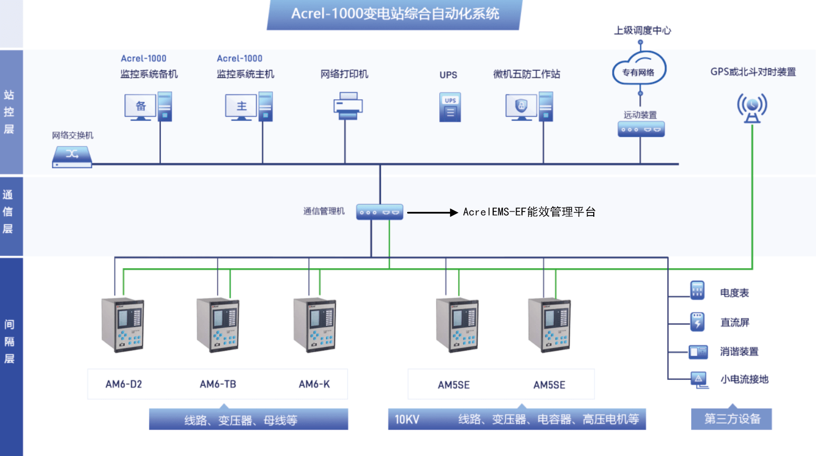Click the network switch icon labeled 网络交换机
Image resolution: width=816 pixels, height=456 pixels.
tap(72, 156)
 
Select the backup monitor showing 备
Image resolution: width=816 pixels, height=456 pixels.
tap(140, 107)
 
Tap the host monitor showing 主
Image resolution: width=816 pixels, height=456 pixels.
tap(241, 107)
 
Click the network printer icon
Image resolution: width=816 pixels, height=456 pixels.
tap(347, 106)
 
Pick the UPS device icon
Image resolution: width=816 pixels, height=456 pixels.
tap(450, 107)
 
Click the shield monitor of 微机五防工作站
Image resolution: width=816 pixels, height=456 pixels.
tap(521, 107)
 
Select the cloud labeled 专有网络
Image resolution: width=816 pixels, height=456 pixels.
tap(639, 70)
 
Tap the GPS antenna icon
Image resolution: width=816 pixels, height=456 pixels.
tap(752, 108)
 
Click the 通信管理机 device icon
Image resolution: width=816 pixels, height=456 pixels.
tap(379, 212)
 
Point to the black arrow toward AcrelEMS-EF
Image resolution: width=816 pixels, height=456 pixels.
tap(432, 213)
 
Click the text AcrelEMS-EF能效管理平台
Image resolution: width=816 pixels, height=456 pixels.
tap(529, 212)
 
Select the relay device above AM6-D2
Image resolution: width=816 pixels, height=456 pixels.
tap(123, 325)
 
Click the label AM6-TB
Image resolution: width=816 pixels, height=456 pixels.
tap(217, 384)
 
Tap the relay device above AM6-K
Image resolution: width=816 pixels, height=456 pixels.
tap(314, 325)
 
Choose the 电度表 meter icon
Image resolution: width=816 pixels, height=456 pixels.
tap(697, 290)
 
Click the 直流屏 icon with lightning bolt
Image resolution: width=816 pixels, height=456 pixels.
tap(697, 322)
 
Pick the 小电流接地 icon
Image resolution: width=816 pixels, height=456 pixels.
tap(699, 379)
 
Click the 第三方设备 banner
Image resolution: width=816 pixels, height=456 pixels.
tap(732, 419)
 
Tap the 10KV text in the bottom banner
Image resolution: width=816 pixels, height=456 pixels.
tap(407, 419)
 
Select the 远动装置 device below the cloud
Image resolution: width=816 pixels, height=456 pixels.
tap(640, 129)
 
